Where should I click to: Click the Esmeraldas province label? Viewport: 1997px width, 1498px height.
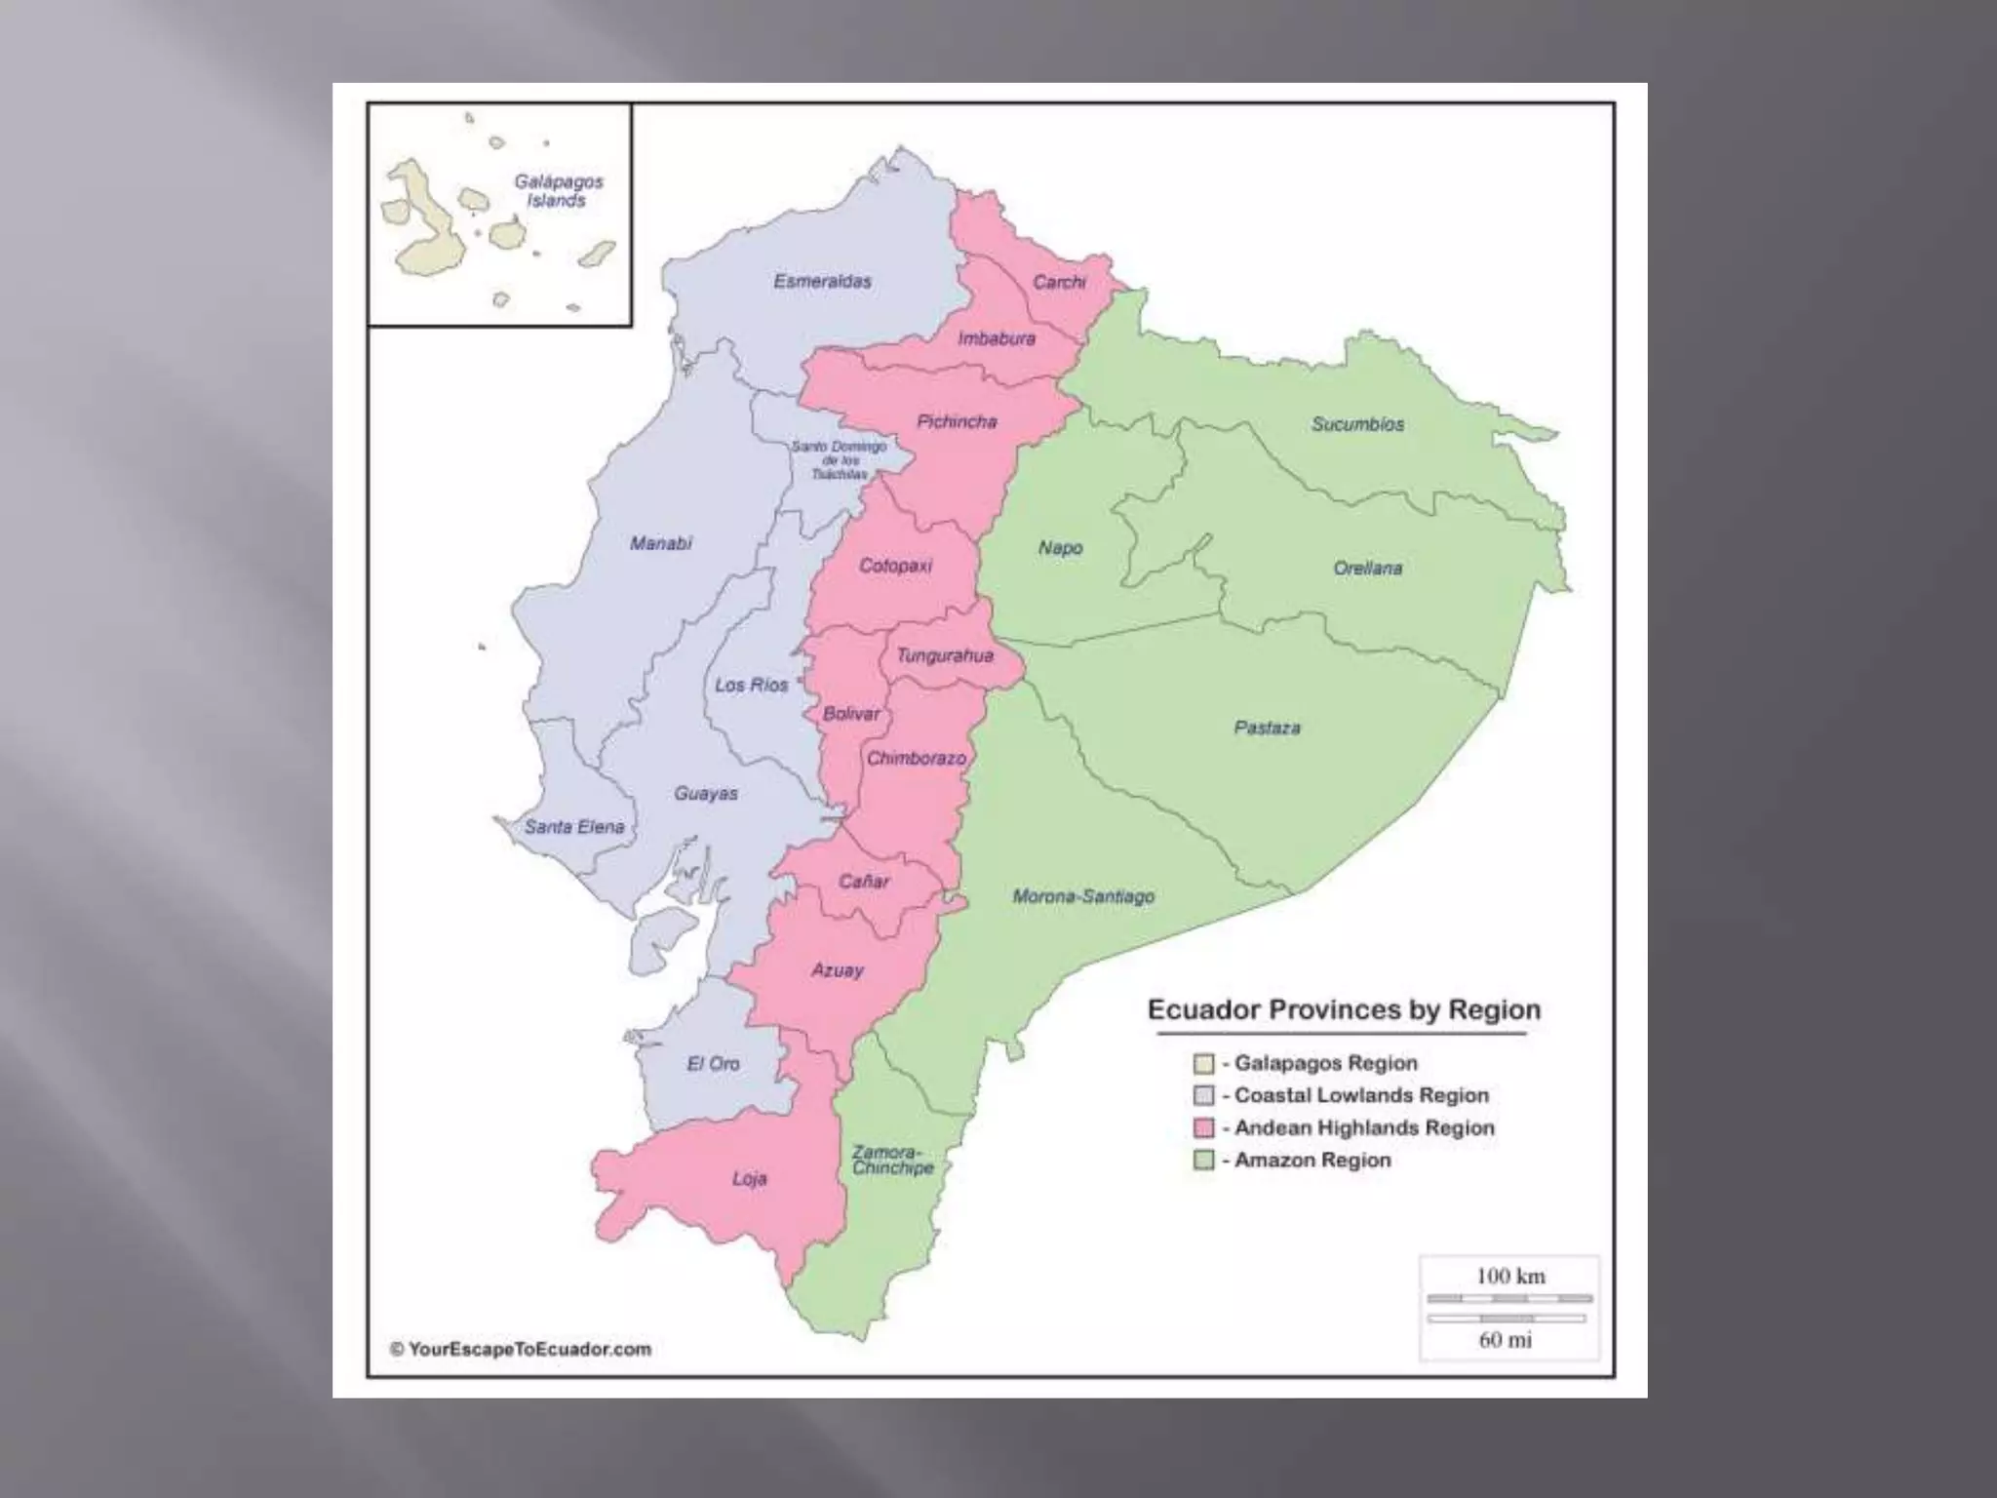coord(822,282)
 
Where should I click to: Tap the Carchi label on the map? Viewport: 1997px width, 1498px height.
coord(1059,282)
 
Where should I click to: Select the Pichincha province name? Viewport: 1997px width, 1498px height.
coord(957,421)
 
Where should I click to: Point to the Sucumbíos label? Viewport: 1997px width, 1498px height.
coord(1357,424)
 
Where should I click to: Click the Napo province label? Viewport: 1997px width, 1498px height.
coord(1060,548)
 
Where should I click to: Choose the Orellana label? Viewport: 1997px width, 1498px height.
coord(1367,568)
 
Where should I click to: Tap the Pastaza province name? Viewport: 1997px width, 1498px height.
coord(1267,728)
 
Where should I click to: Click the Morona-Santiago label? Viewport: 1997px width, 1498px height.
coord(1083,895)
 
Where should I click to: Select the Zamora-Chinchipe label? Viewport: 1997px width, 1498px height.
coord(892,1160)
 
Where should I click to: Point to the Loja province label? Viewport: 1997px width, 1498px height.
coord(749,1179)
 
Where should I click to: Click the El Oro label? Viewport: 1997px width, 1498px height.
coord(713,1063)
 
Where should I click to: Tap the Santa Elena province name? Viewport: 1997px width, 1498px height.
coord(574,827)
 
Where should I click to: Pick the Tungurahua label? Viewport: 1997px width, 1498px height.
coord(944,655)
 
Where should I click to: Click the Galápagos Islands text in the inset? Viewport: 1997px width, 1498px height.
coord(558,190)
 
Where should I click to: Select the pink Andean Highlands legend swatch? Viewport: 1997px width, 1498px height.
coord(1204,1128)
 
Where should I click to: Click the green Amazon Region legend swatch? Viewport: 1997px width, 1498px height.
coord(1204,1161)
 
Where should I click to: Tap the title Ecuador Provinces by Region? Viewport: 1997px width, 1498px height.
coord(1344,1009)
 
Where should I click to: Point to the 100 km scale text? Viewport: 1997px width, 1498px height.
coord(1509,1276)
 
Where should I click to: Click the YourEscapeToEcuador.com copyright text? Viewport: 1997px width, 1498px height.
coord(521,1350)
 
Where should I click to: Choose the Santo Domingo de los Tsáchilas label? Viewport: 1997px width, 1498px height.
coord(840,459)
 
